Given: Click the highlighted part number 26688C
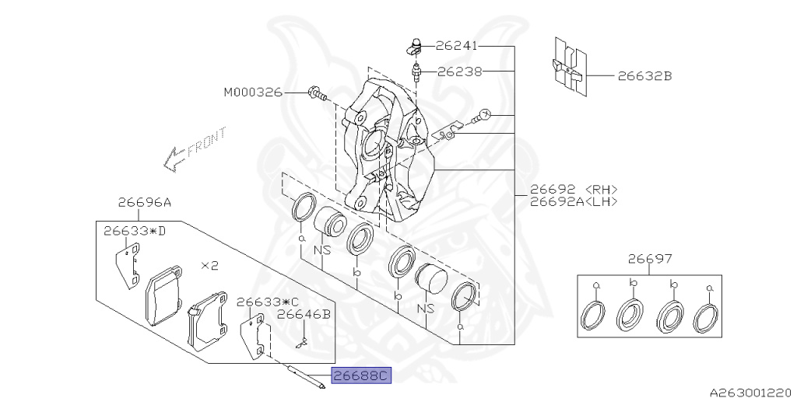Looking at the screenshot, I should pos(359,377).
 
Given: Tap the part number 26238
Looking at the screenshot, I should pos(459,71).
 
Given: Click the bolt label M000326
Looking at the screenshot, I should pos(253,93).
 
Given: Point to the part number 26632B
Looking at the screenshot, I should pos(644,76).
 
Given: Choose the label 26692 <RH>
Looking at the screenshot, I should pos(574,189).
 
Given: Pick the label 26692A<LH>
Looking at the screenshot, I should pos(574,201).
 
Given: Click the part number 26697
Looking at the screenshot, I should pos(650,259).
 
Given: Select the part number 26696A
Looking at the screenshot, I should pos(145,202).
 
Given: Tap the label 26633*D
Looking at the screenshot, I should pos(135,230).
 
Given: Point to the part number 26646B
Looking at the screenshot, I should pos(304,314).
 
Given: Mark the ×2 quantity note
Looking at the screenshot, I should pos(209,265).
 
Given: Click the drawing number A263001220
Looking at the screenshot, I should pos(750,391).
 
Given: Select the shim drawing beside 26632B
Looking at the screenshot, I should pos(568,68).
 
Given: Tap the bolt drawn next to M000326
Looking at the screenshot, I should pos(315,94).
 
